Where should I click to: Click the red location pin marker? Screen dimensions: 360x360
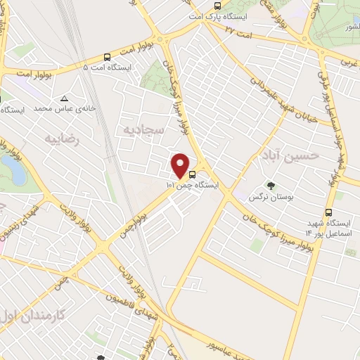pos(181,165)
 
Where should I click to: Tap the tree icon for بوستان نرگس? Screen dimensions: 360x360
pos(271,186)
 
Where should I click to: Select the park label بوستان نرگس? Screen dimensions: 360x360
pos(264,197)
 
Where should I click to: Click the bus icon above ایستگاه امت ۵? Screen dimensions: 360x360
pos(106,56)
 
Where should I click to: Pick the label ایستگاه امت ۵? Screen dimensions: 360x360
pos(107,67)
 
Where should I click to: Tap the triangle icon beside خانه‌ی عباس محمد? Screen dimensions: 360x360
pos(65,98)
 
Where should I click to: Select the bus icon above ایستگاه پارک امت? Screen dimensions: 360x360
pos(217,6)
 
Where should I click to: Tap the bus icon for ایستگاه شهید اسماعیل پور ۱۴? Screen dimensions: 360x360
pos(328,212)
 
